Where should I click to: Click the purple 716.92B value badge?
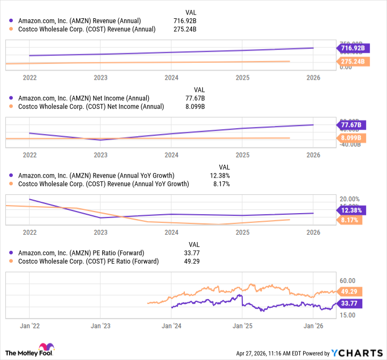[353, 48]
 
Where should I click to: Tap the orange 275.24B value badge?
[353, 61]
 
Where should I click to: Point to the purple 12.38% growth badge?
[350, 210]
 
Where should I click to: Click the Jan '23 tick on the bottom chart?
[101, 326]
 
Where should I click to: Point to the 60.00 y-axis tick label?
[348, 280]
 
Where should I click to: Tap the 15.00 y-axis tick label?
[348, 315]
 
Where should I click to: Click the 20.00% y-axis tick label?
[350, 199]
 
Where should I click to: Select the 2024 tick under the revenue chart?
[171, 77]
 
